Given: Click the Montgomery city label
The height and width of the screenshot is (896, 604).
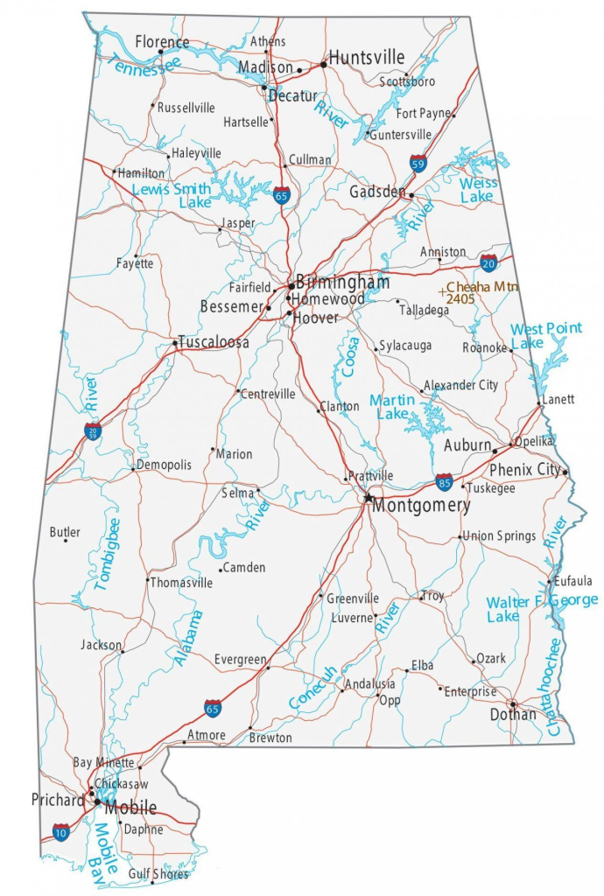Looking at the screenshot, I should [421, 506].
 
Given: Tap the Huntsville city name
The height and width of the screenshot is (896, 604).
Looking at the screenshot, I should [366, 58].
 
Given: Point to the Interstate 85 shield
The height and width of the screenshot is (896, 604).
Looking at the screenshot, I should [445, 481].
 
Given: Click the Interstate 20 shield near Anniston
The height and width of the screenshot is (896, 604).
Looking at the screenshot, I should [489, 262].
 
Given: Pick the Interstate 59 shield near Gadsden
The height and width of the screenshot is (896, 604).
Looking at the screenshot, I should [418, 163].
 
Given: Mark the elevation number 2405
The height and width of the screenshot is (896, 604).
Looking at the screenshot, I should [460, 298].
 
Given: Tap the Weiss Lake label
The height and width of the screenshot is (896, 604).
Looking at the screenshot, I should [477, 190].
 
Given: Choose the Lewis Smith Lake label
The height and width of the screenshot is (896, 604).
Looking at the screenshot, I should [172, 195].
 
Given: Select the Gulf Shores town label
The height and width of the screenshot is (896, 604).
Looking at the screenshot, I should [158, 873].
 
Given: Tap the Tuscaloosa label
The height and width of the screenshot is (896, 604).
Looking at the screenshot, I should [214, 342].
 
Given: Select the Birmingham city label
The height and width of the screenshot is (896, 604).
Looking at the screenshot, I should [342, 283].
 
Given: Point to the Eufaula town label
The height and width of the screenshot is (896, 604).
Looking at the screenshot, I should [572, 580].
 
